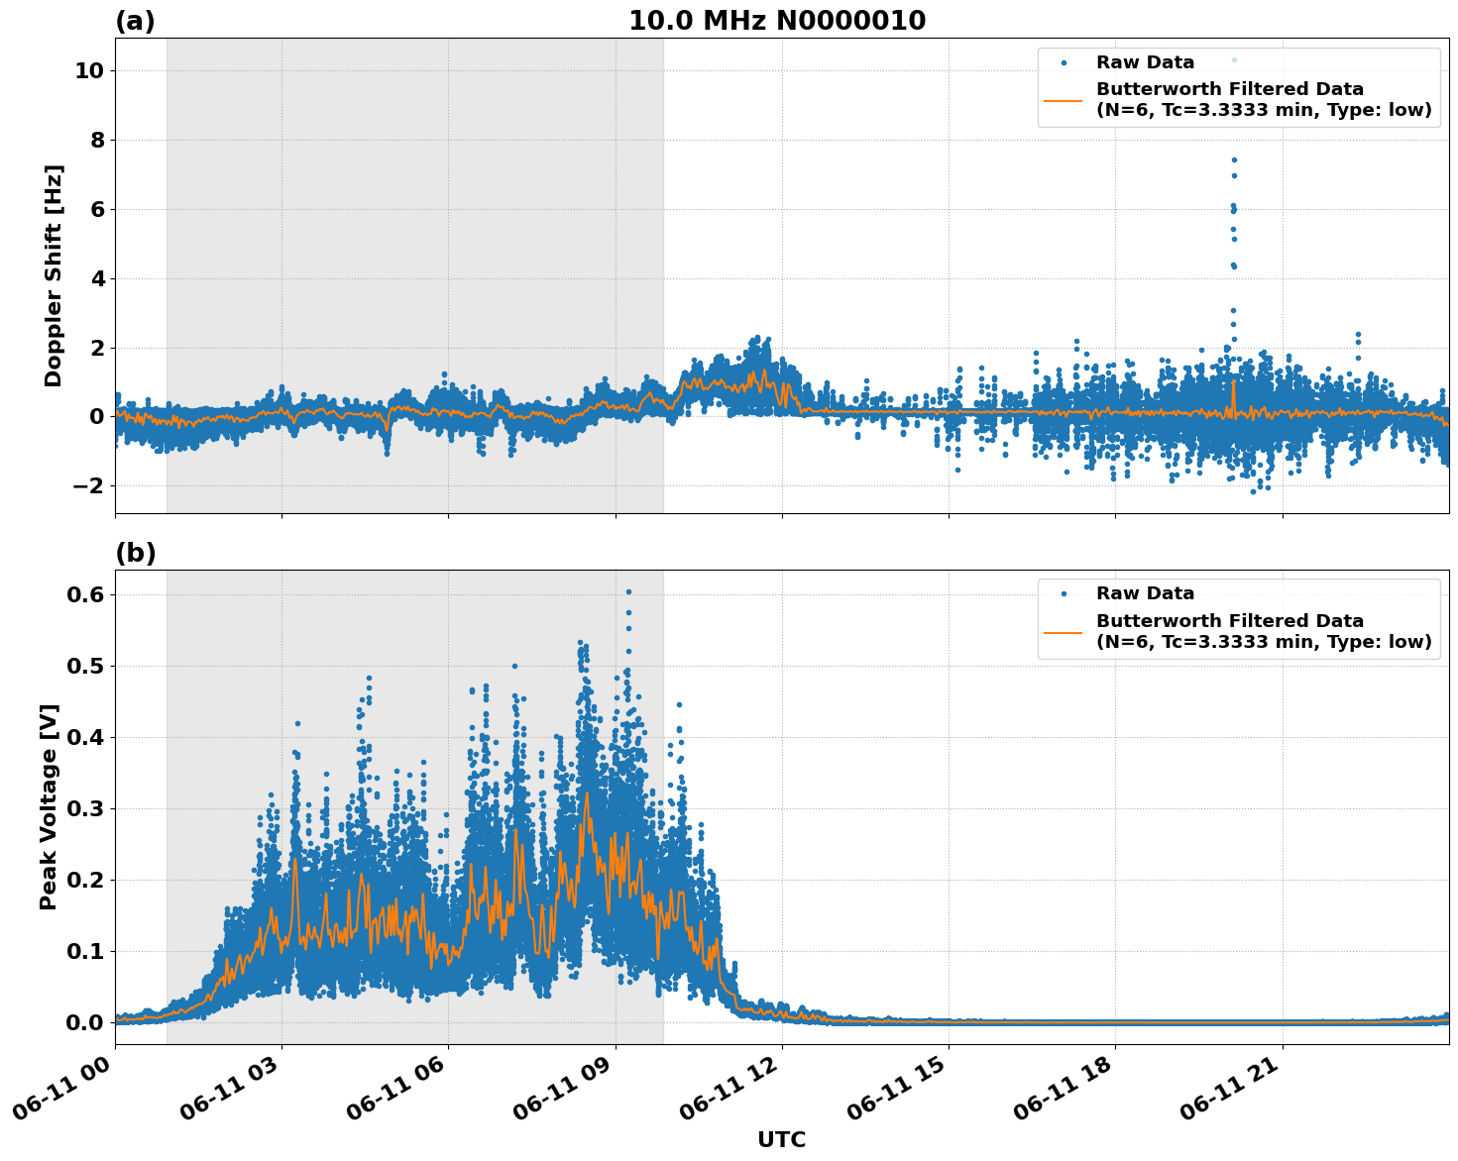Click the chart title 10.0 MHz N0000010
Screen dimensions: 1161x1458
click(x=777, y=21)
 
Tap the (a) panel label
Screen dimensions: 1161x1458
click(x=135, y=21)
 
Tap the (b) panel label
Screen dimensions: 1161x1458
click(x=135, y=553)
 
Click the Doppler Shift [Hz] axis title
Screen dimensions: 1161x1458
click(x=54, y=275)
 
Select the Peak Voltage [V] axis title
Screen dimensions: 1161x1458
click(x=49, y=806)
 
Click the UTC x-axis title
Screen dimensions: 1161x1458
click(x=781, y=1139)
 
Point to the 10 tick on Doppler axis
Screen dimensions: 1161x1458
click(x=88, y=71)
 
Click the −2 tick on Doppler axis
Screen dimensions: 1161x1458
click(x=88, y=485)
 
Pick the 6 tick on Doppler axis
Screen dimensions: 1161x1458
click(x=96, y=209)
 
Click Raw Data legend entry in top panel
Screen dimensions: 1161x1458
click(x=1145, y=62)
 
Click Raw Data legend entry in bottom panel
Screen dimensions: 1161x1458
click(x=1145, y=593)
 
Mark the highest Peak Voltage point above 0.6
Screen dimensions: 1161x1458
click(x=628, y=591)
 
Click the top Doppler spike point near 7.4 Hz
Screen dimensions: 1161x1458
click(x=1234, y=159)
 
